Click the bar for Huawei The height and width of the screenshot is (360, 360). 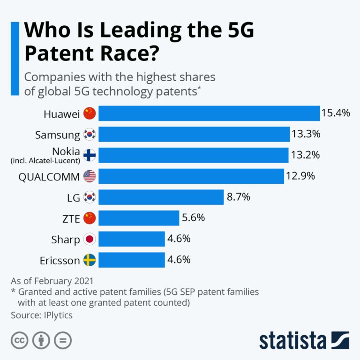tap(209, 113)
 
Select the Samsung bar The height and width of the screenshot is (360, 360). tap(194, 135)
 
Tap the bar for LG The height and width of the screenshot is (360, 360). tap(161, 197)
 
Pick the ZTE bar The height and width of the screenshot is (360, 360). tap(139, 218)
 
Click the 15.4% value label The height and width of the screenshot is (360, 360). tap(336, 113)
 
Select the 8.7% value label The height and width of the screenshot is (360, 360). tap(239, 197)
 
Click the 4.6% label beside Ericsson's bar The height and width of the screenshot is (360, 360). tap(179, 260)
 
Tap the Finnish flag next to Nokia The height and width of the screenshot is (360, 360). tap(89, 155)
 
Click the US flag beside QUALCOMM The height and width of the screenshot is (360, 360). tap(89, 176)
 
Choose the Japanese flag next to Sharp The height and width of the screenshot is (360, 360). tap(89, 239)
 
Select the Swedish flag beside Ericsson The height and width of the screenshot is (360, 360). tap(89, 260)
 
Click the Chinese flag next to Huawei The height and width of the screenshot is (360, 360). tap(89, 113)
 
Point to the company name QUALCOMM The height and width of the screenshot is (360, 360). tap(49, 177)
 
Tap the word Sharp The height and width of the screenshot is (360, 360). tap(65, 240)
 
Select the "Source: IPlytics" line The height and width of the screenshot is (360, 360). tap(41, 315)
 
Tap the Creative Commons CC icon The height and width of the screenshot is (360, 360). tap(19, 341)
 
